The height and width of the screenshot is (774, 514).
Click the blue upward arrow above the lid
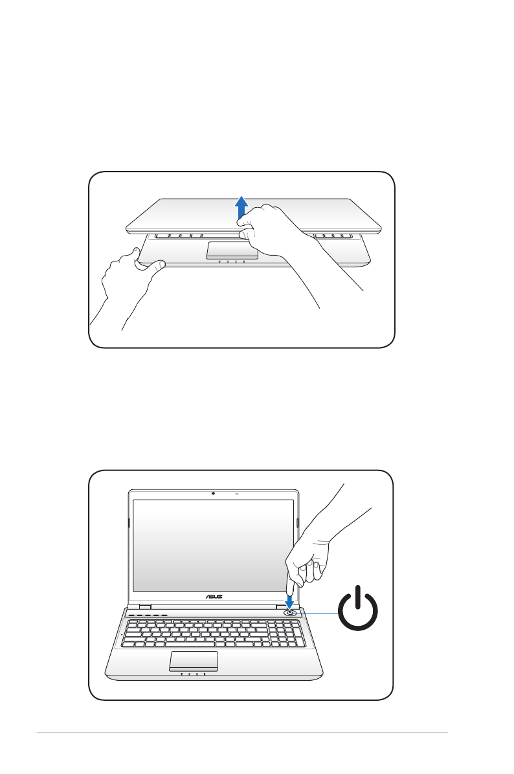(x=241, y=208)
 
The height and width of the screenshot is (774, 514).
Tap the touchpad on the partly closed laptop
(x=232, y=250)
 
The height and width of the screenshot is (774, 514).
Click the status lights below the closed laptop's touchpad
(x=231, y=262)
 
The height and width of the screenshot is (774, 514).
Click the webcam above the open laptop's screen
(x=213, y=493)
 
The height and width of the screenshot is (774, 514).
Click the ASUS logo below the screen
(x=214, y=597)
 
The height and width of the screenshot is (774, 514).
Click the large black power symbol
(x=358, y=612)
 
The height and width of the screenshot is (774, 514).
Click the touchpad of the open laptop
(x=194, y=661)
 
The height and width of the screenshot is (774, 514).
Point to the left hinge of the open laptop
(x=143, y=608)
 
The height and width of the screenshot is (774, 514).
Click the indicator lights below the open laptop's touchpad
(x=193, y=674)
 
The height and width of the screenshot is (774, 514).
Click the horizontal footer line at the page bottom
(x=242, y=733)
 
